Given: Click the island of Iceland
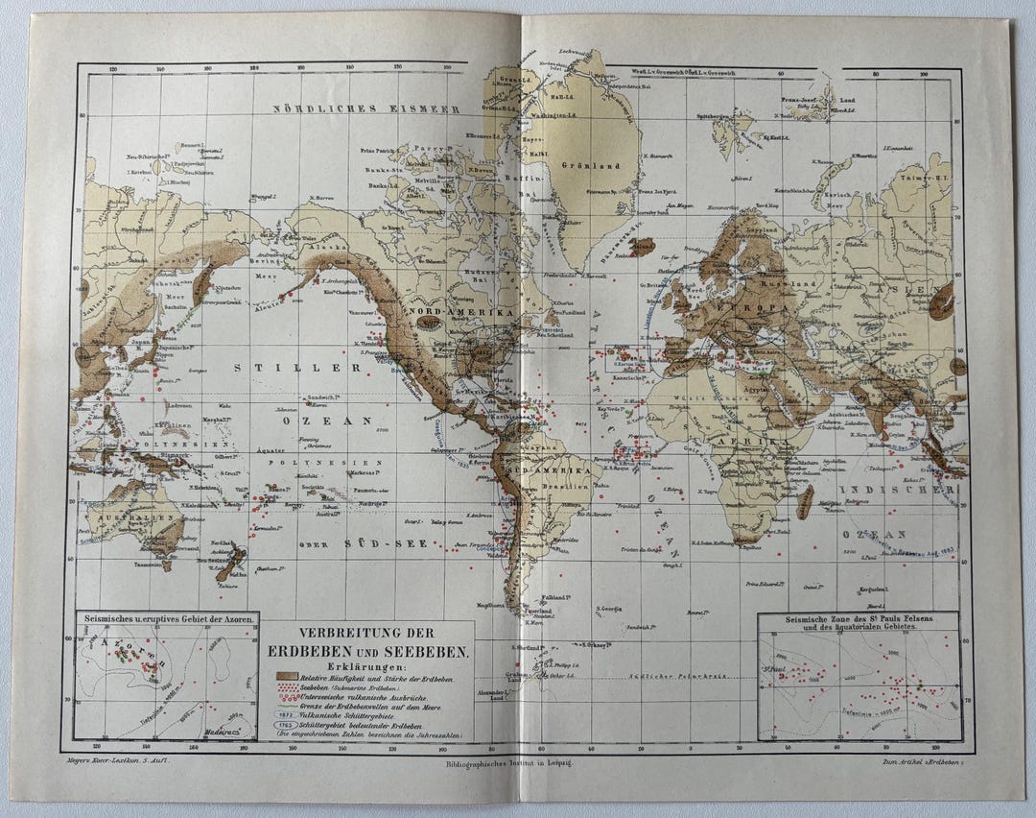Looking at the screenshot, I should click(x=642, y=247).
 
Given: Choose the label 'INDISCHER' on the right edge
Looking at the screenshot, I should click(x=898, y=490).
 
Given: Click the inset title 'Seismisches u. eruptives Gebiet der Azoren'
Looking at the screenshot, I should click(x=167, y=620).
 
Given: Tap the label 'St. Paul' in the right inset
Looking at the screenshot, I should click(x=775, y=668).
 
